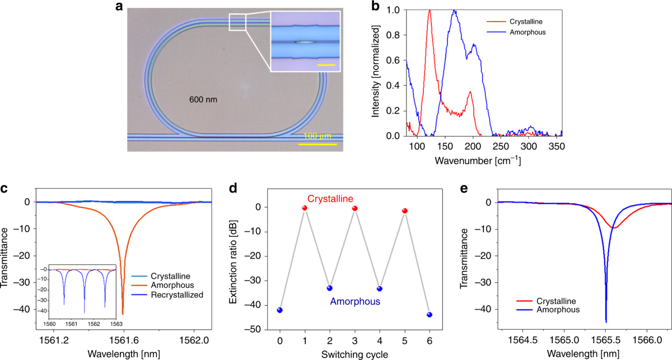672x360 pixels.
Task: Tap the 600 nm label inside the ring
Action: pyautogui.click(x=203, y=100)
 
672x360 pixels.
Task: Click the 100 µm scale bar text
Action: pyautogui.click(x=318, y=137)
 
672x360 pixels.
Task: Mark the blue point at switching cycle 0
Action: pyautogui.click(x=279, y=310)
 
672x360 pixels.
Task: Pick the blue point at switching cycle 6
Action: pyautogui.click(x=430, y=315)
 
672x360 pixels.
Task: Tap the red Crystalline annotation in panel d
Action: pyautogui.click(x=329, y=198)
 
